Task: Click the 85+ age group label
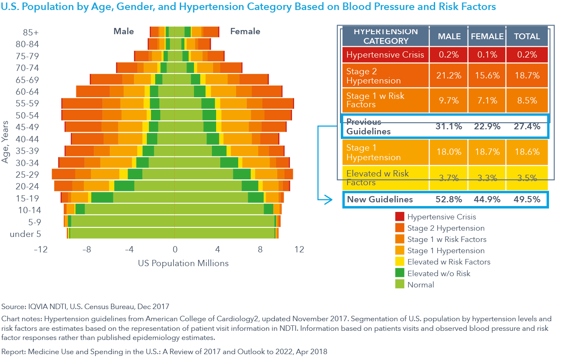pyautogui.click(x=31, y=33)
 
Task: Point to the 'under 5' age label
pyautogui.click(x=25, y=234)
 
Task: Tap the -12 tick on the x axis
pyautogui.click(x=40, y=250)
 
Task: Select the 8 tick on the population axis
pyautogui.click(x=260, y=250)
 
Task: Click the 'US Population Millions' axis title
pyautogui.click(x=183, y=263)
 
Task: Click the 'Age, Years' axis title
pyautogui.click(x=5, y=142)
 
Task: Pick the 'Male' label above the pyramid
pyautogui.click(x=124, y=31)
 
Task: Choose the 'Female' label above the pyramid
pyautogui.click(x=245, y=31)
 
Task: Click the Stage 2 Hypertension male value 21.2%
pyautogui.click(x=449, y=76)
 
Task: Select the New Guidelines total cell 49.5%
pyautogui.click(x=527, y=199)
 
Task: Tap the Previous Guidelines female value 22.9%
pyautogui.click(x=487, y=126)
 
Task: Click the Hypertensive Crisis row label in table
pyautogui.click(x=385, y=55)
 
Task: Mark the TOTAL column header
pyautogui.click(x=527, y=37)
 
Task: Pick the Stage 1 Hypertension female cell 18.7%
pyautogui.click(x=487, y=152)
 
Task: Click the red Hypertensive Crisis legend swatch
pyautogui.click(x=399, y=217)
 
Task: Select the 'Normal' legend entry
pyautogui.click(x=420, y=285)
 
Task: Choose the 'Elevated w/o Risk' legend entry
pyautogui.click(x=438, y=274)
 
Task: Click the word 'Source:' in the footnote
pyautogui.click(x=14, y=307)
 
